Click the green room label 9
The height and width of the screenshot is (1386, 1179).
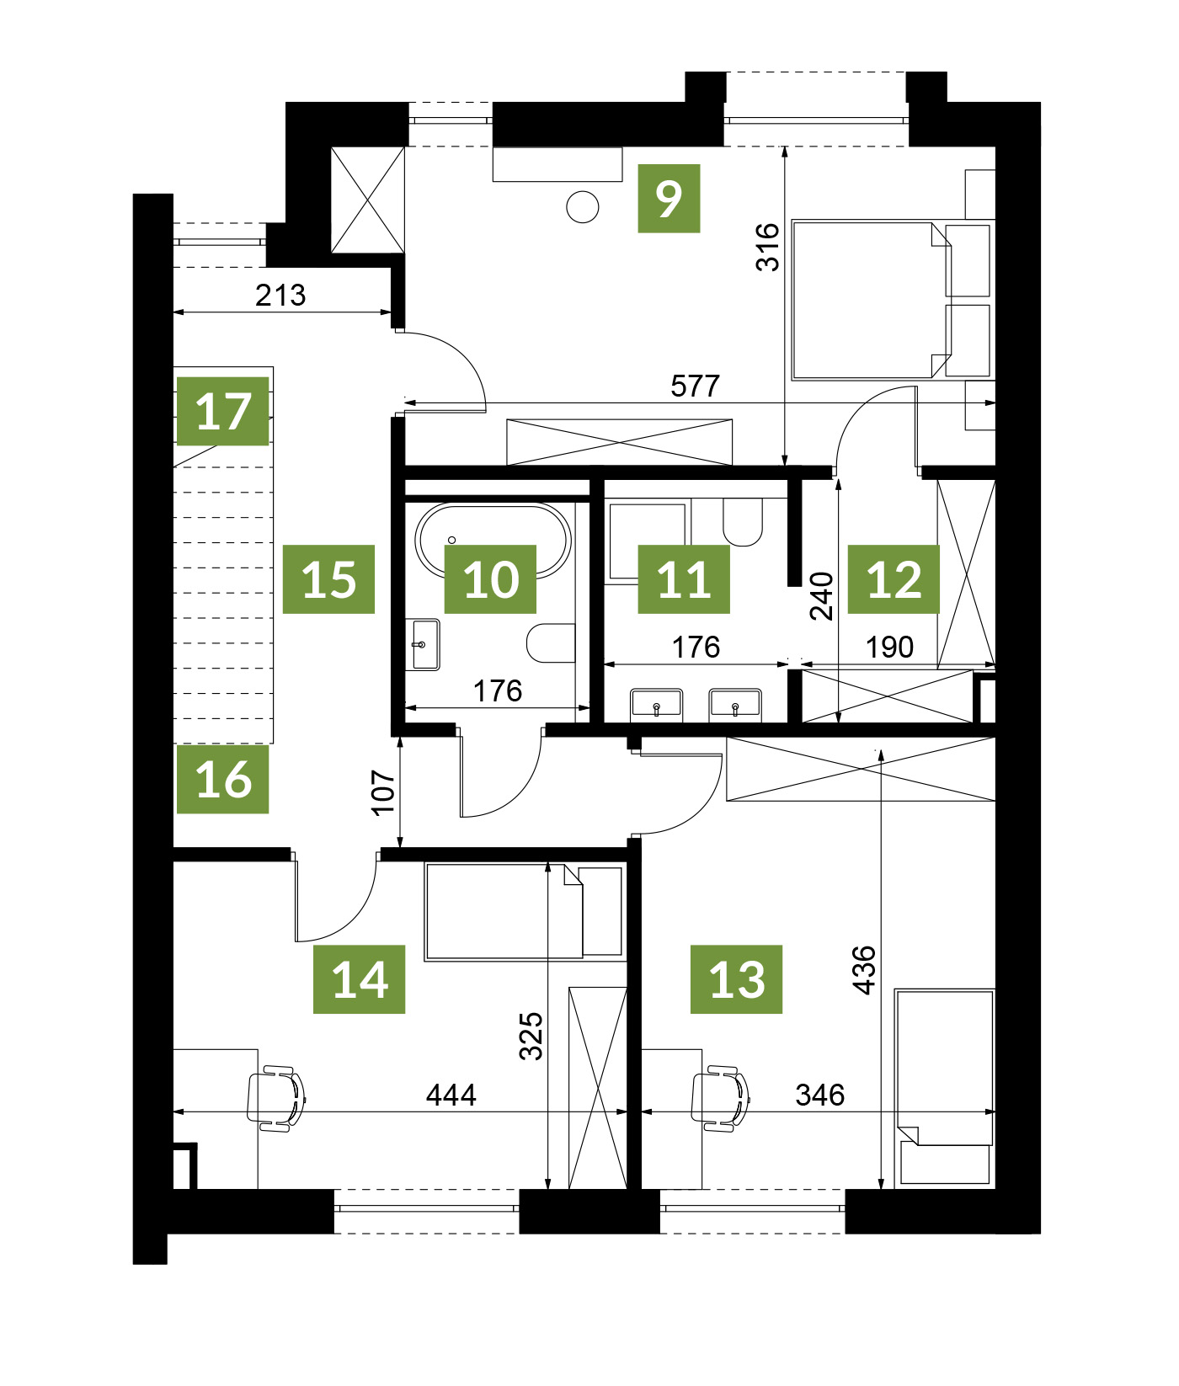click(x=669, y=199)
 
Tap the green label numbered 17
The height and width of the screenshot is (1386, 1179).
click(x=223, y=411)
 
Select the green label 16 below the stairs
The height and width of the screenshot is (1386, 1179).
click(x=223, y=779)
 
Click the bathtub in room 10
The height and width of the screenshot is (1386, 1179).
click(x=493, y=541)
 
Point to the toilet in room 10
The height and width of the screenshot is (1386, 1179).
click(x=551, y=643)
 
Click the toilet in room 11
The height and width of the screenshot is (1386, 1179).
click(x=743, y=522)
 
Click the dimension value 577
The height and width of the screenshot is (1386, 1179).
click(x=695, y=386)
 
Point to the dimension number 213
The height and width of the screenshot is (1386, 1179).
click(x=280, y=296)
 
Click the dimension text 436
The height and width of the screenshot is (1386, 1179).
click(x=864, y=970)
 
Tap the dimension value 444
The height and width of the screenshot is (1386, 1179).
click(x=451, y=1095)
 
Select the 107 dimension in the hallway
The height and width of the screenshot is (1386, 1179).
click(x=383, y=792)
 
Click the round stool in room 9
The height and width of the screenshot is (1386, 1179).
click(x=583, y=206)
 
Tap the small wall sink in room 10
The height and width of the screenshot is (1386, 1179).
click(x=423, y=645)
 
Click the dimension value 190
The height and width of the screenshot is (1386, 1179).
click(x=889, y=647)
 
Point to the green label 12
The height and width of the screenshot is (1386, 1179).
click(x=894, y=578)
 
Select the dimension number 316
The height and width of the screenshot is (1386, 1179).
click(x=767, y=247)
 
